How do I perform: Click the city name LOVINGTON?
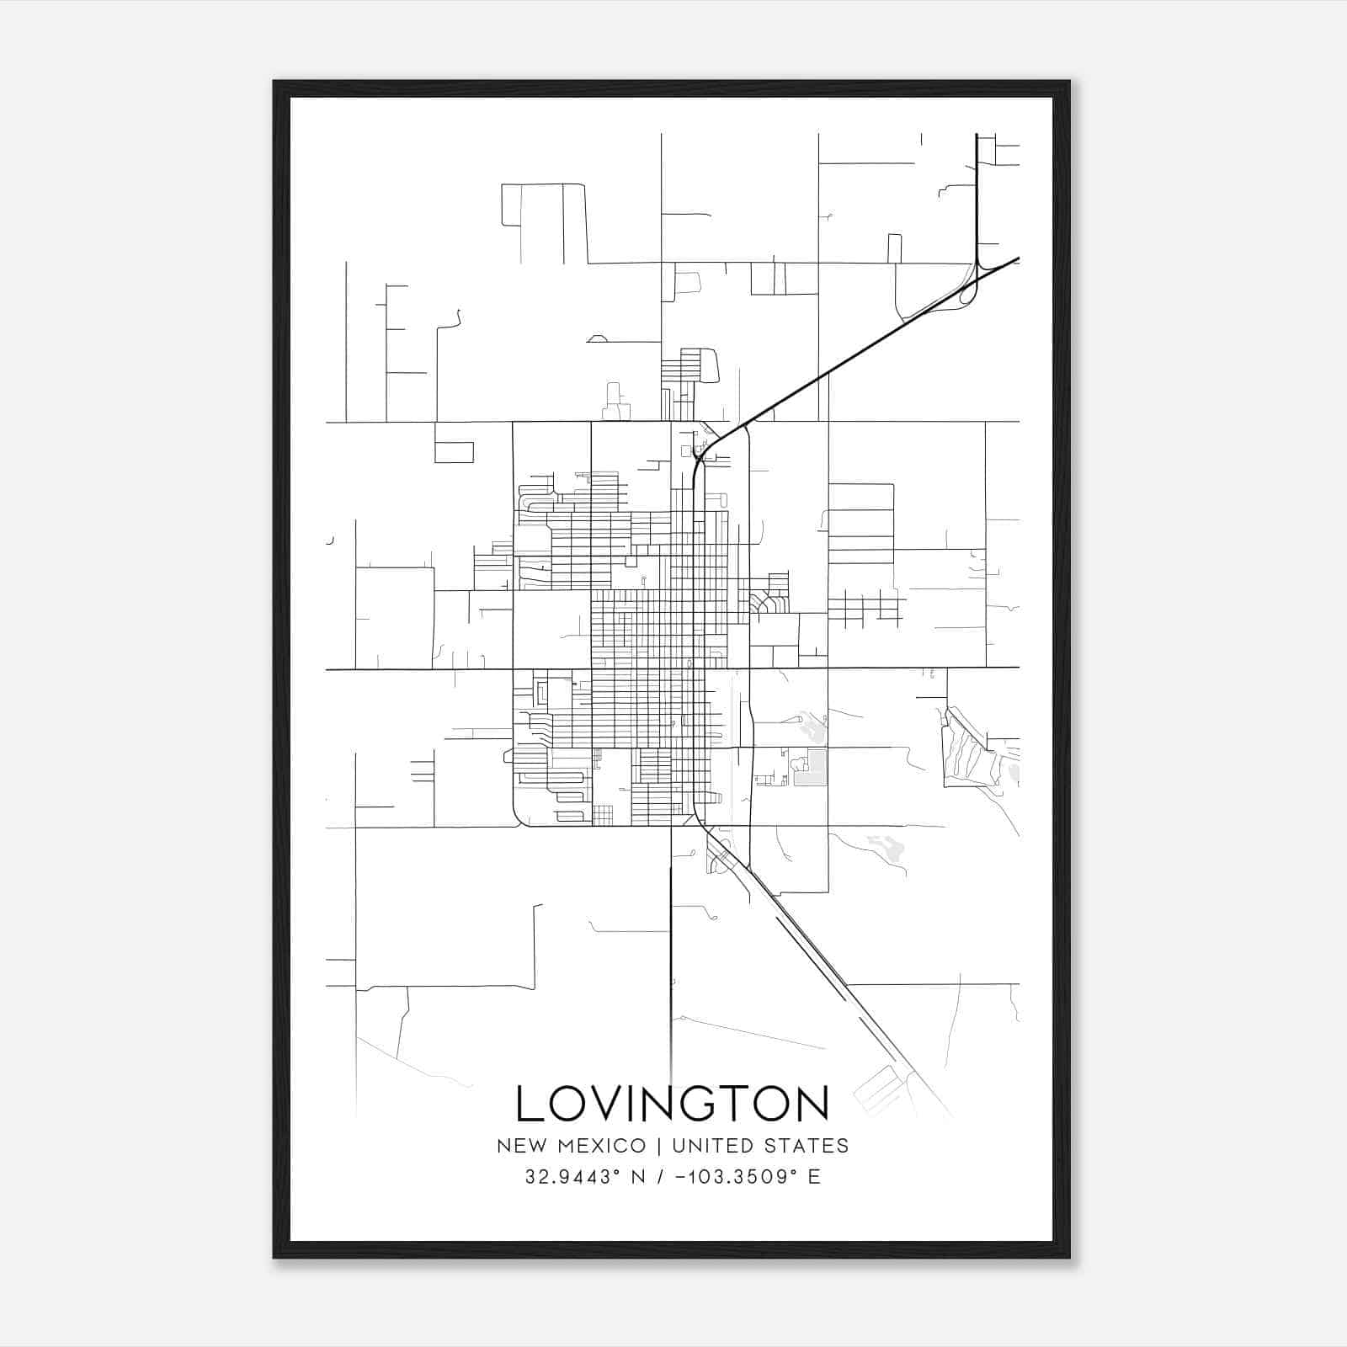tap(672, 1104)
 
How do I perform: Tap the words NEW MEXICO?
tap(572, 1146)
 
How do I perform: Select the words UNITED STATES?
tap(759, 1146)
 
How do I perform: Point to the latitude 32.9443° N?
tap(585, 1177)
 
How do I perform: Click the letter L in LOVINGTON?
tap(530, 1104)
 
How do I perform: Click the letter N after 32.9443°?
tap(640, 1177)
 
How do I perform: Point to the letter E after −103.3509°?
tap(814, 1177)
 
